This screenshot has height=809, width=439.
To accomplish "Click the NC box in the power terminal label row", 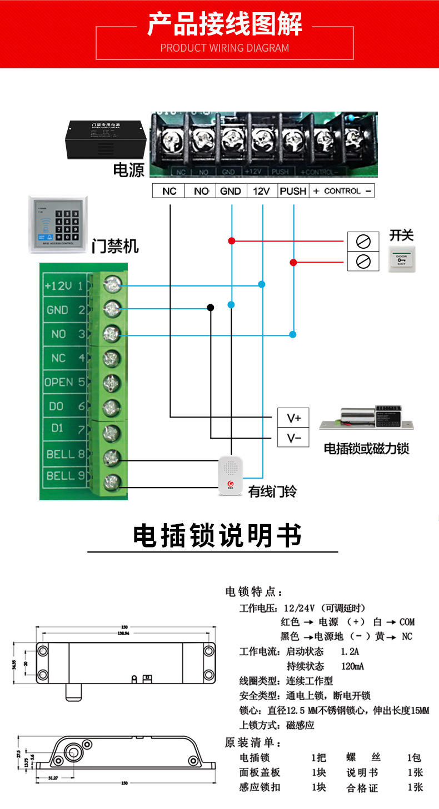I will (x=169, y=191).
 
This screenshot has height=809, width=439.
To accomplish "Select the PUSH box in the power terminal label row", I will (x=293, y=191).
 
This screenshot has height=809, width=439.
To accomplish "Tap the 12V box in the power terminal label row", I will (x=261, y=191).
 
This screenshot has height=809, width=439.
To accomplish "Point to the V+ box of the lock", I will (x=293, y=418).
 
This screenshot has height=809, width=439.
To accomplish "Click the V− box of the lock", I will (x=293, y=438).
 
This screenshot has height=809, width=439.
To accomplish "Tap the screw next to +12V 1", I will (x=112, y=285).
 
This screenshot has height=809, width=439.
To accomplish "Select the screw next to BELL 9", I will (x=112, y=480).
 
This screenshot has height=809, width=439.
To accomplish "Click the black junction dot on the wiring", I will (x=210, y=307).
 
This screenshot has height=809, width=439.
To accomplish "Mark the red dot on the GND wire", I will (x=231, y=241).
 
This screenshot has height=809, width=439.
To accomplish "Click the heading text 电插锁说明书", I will (x=217, y=536).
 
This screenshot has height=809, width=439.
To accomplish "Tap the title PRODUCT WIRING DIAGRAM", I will (x=225, y=48).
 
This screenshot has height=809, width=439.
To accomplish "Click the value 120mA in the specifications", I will (x=352, y=666).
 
